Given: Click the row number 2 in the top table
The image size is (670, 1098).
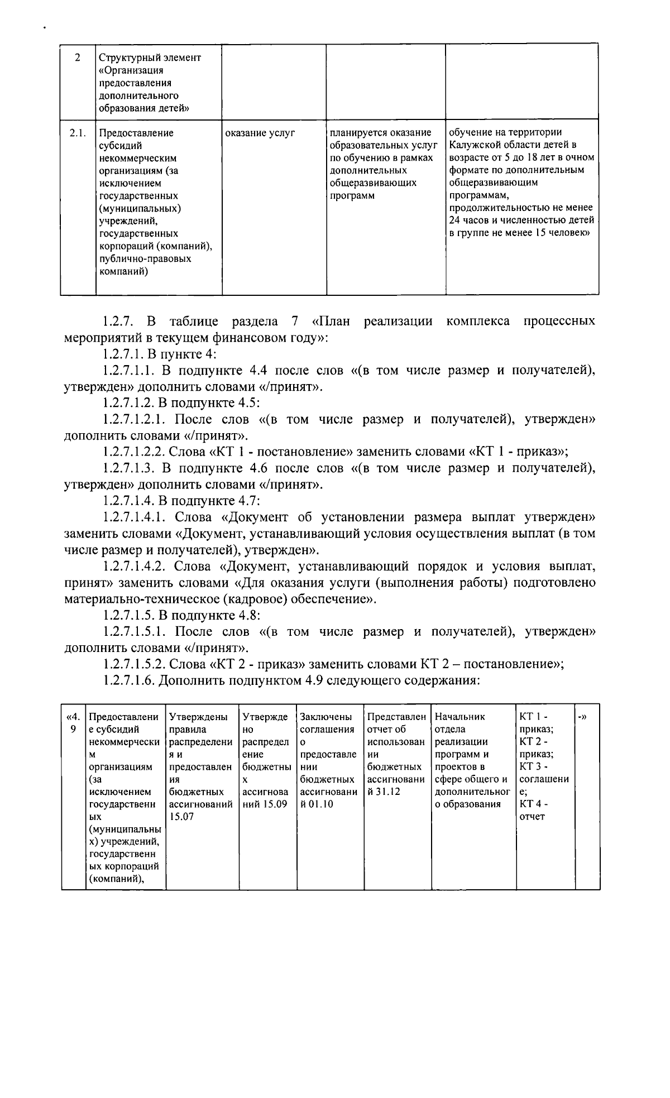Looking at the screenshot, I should pos(77,57).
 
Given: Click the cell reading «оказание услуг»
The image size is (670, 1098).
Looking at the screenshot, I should pos(260,133).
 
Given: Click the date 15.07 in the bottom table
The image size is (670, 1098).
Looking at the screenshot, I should pos(180,817).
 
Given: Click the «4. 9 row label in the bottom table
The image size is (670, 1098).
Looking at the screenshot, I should pos(73,723).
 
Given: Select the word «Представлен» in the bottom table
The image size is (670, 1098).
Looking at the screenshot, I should pos(396,717).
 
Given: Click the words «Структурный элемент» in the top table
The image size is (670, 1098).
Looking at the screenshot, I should pos(150,57).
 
